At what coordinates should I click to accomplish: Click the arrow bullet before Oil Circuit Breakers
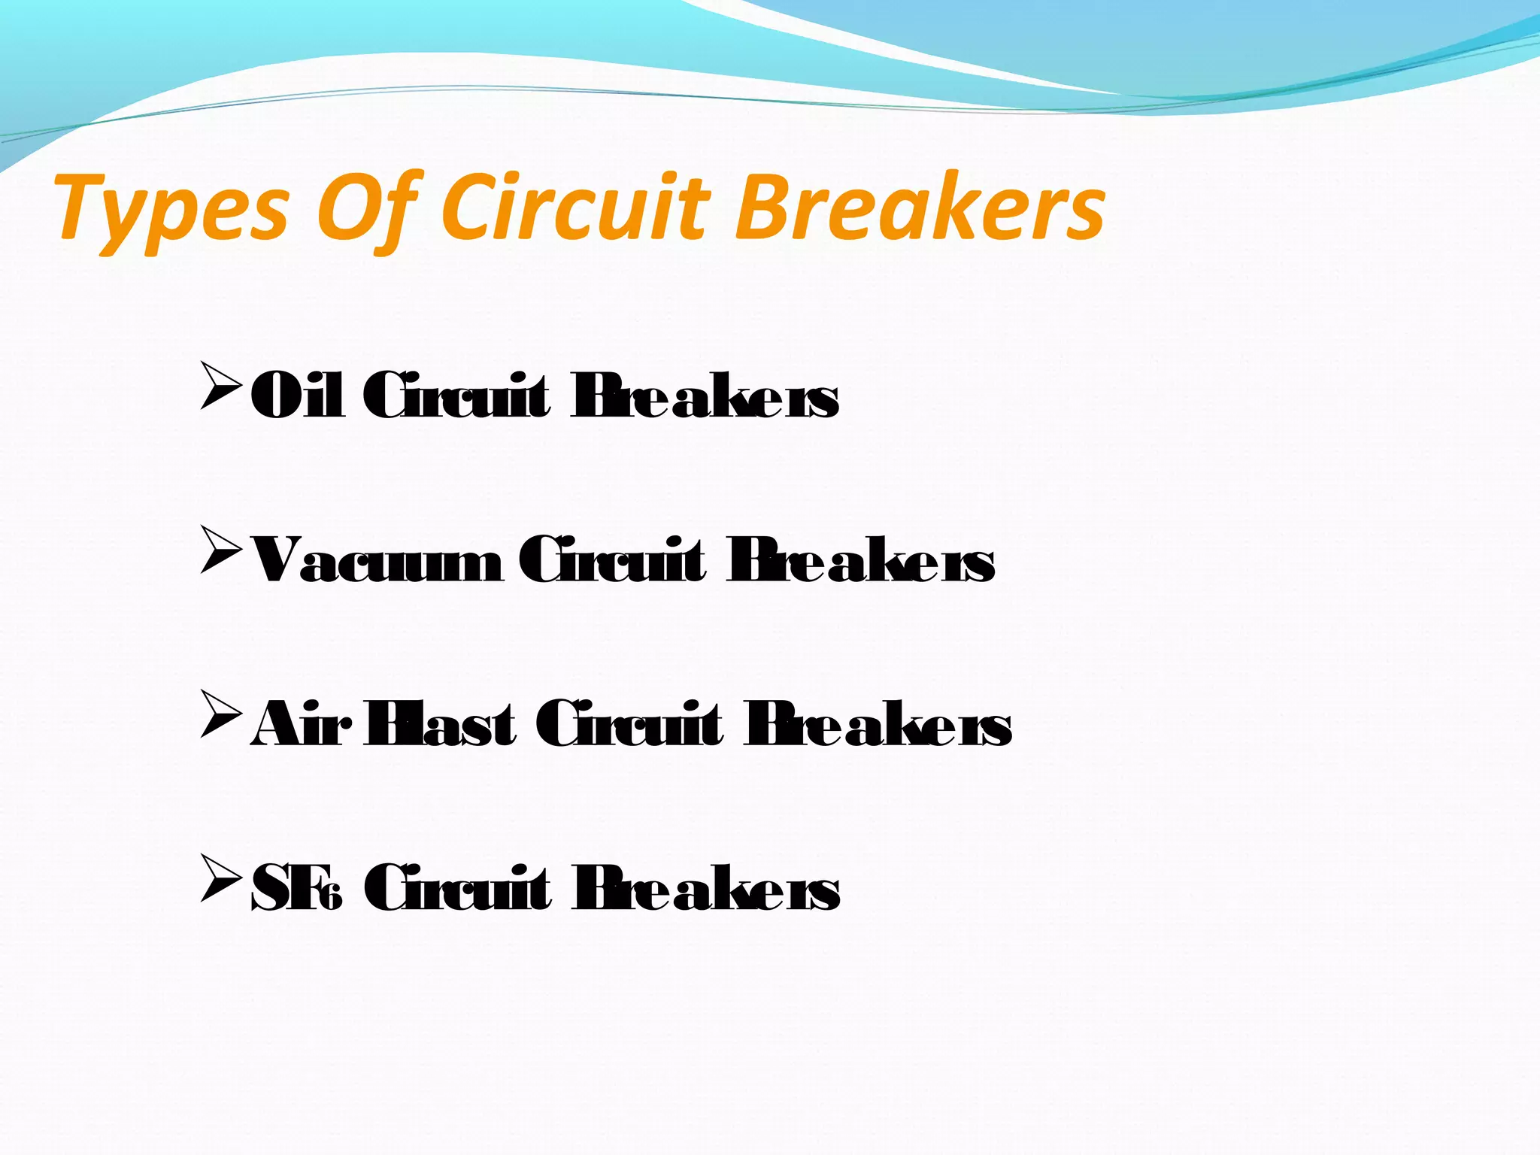[221, 386]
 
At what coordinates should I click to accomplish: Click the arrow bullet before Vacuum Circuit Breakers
[221, 550]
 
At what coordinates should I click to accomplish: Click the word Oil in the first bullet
[298, 396]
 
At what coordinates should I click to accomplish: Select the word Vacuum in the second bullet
[376, 561]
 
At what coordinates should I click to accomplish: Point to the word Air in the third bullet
[299, 725]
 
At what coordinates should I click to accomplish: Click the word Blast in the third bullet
[440, 725]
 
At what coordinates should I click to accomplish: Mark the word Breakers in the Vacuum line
[861, 561]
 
